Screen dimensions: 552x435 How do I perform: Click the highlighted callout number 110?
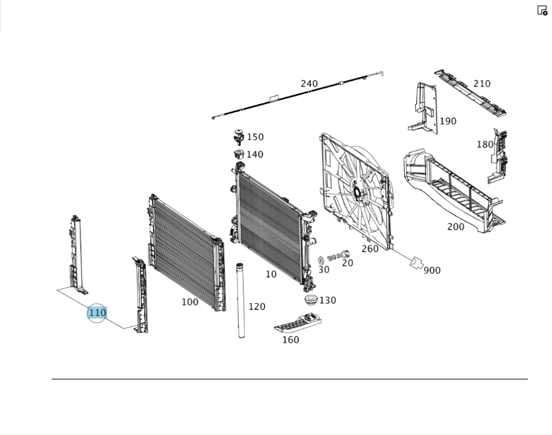(97, 312)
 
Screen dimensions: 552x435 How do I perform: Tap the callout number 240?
(309, 84)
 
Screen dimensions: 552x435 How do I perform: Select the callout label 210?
(481, 84)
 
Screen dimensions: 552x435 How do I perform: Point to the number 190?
(448, 121)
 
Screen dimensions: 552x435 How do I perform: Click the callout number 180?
(485, 144)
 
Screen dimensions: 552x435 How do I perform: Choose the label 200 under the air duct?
(455, 227)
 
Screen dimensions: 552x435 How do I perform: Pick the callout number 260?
(370, 249)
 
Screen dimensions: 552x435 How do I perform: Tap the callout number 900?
(432, 270)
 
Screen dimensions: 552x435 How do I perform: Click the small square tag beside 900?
(416, 263)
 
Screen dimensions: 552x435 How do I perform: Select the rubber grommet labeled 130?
(311, 300)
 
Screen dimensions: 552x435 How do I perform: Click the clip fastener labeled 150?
(239, 137)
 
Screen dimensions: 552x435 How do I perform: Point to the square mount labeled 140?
(239, 154)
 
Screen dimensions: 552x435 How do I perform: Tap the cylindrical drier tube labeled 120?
(241, 300)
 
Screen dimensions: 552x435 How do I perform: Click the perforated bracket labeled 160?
(298, 323)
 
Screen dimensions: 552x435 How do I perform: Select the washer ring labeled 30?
(321, 261)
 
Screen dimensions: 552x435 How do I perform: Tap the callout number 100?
(190, 302)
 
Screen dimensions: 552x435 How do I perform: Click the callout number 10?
(270, 274)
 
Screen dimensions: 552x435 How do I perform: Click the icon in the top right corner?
(542, 10)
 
